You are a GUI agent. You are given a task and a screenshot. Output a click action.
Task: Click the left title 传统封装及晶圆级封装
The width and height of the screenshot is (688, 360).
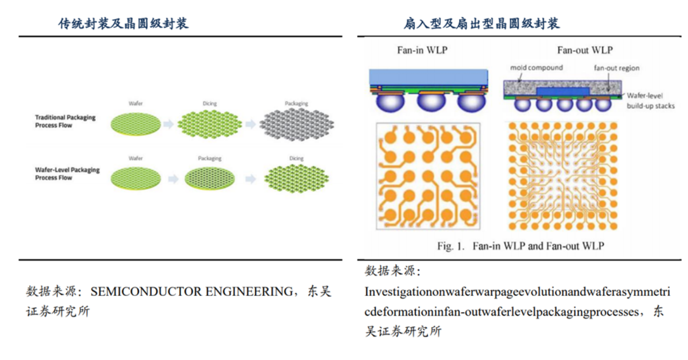point(124,23)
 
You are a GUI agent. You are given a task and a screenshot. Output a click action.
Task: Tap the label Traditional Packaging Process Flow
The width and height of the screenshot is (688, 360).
point(65,122)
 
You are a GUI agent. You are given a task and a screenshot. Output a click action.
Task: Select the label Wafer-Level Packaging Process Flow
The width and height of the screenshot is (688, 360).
point(67,174)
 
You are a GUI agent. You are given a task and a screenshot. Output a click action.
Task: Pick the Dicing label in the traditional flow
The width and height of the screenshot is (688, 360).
point(209,104)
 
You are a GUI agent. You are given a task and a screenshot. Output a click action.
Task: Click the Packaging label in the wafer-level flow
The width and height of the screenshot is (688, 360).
point(209,158)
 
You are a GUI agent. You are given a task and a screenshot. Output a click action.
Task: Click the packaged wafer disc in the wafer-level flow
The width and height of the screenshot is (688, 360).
point(210,178)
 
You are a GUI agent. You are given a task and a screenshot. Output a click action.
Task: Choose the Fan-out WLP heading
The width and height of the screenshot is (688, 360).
point(585,50)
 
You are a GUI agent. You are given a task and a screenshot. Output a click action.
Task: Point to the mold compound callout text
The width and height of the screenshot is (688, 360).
point(536,68)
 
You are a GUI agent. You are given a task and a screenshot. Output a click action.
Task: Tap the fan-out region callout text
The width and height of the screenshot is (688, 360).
point(616,68)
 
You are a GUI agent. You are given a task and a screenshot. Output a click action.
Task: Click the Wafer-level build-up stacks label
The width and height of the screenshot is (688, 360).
point(650,101)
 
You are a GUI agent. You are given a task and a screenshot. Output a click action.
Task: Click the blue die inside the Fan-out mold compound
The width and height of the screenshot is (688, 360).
point(562,91)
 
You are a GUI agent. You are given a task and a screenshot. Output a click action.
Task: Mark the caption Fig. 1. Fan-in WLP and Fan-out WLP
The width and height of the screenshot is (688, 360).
point(521,246)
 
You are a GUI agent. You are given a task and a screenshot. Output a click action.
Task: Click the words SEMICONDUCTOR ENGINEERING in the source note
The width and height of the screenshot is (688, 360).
point(191,291)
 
